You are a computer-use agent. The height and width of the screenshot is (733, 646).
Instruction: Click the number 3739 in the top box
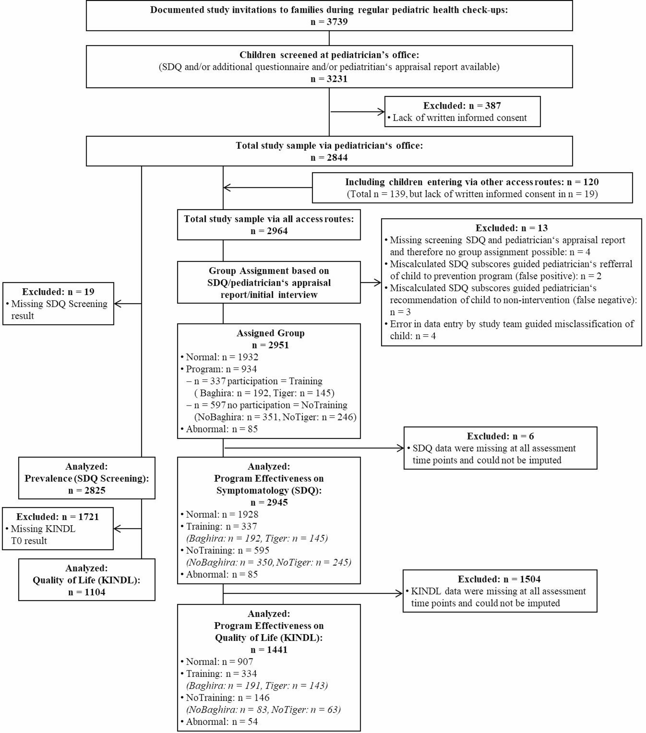coord(337,22)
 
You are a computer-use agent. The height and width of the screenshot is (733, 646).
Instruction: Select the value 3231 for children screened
coord(337,79)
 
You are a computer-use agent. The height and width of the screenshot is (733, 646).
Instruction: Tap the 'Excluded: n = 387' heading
coord(462,105)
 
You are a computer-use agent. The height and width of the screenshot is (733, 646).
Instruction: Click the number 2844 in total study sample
coord(337,158)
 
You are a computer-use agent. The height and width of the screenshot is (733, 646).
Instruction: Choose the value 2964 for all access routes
coord(277,231)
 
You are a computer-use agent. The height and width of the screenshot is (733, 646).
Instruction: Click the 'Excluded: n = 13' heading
coord(512,228)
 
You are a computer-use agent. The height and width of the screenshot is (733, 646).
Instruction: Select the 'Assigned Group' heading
coord(270,333)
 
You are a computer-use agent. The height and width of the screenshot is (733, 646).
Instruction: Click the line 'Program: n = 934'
coord(221,369)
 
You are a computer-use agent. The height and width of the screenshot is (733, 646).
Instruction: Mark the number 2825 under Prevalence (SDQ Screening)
coord(95,490)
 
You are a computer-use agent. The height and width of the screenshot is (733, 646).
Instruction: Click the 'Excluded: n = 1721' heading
coord(57,517)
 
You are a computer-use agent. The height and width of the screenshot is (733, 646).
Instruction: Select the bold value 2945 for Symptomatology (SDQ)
coord(277,502)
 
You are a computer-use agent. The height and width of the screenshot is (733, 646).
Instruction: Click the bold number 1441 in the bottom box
coord(277,650)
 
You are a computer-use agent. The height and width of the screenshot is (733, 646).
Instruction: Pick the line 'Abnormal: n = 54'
coord(221,721)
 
